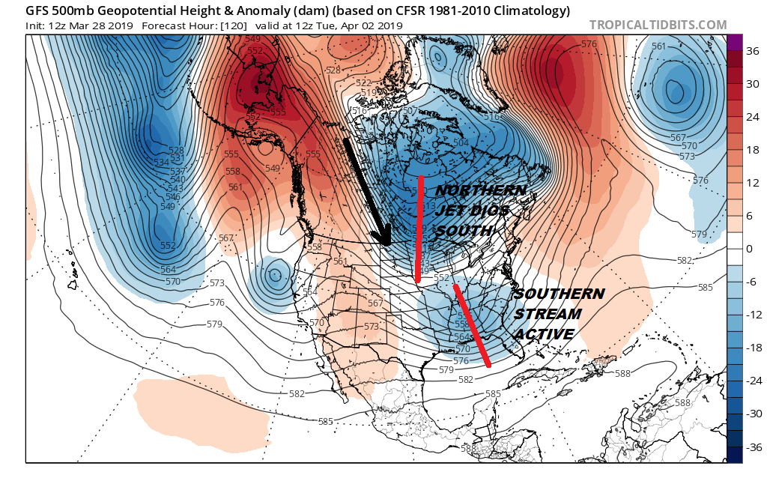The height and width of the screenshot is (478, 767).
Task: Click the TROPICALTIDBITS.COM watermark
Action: point(658,25)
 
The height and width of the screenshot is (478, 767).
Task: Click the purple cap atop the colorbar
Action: point(733,42)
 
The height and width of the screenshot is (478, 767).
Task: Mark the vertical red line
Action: point(419,229)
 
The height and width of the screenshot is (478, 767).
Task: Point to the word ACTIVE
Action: point(543,333)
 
